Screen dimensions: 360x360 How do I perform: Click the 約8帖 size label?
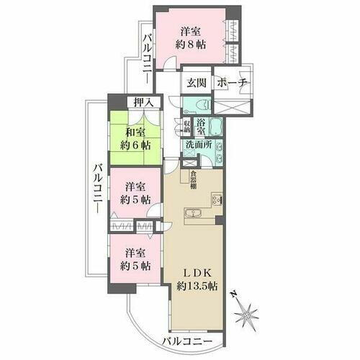191,44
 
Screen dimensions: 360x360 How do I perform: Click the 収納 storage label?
187,127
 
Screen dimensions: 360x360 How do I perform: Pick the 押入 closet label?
144,103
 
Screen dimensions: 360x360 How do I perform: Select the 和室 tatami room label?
136,133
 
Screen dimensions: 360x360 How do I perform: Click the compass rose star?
249,313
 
